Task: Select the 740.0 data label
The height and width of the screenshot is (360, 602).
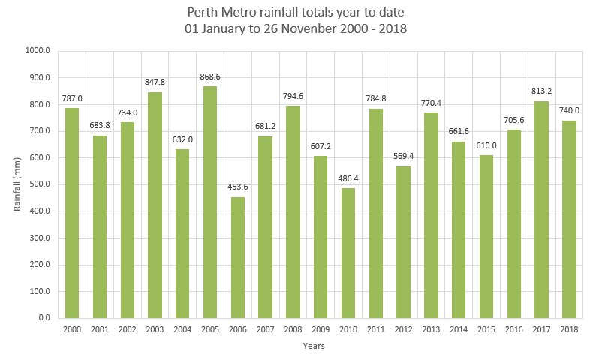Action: click(569, 110)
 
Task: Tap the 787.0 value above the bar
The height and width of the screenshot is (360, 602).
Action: click(72, 98)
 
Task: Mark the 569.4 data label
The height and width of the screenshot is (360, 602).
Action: click(403, 157)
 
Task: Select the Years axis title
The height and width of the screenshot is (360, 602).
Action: click(314, 346)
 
